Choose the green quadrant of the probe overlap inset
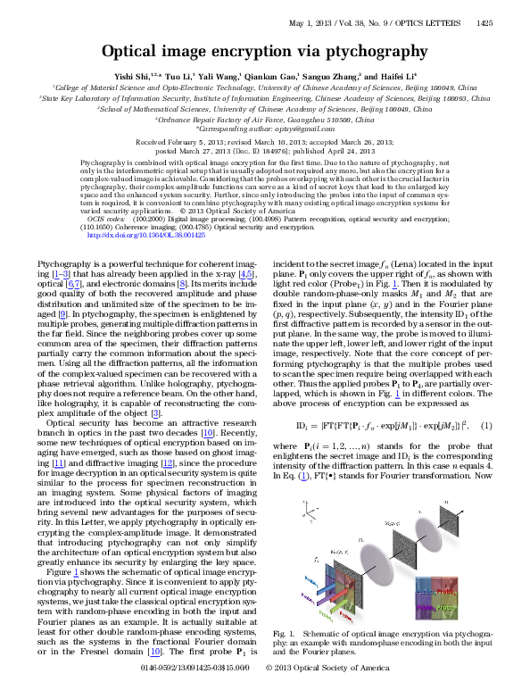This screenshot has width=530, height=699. [443, 606]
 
